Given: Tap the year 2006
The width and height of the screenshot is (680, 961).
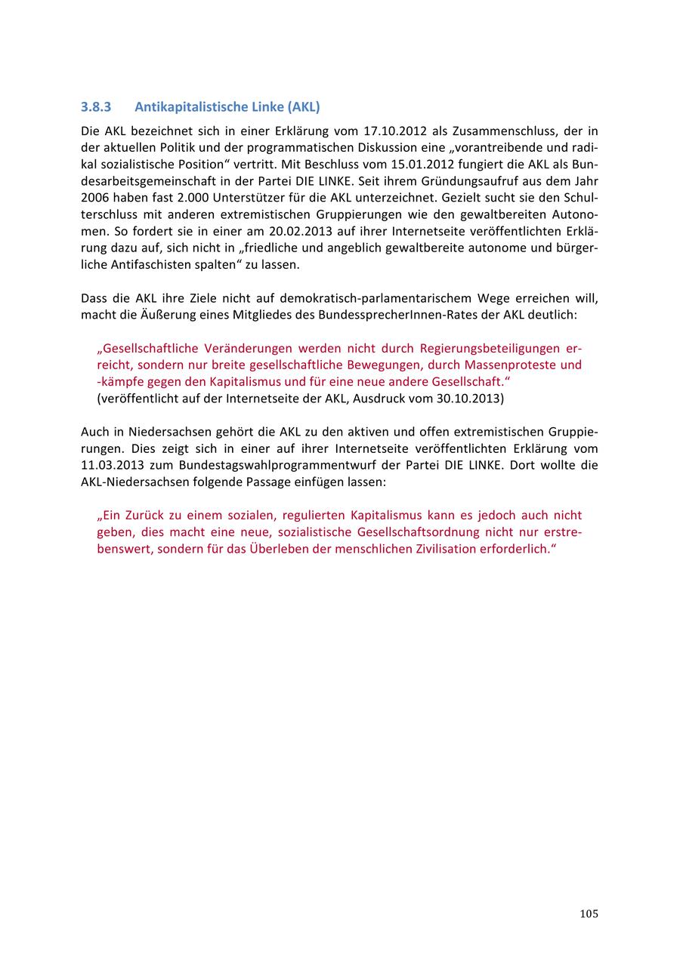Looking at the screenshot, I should pyautogui.click(x=96, y=198).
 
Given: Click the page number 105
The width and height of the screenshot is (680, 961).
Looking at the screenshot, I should pyautogui.click(x=589, y=914).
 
